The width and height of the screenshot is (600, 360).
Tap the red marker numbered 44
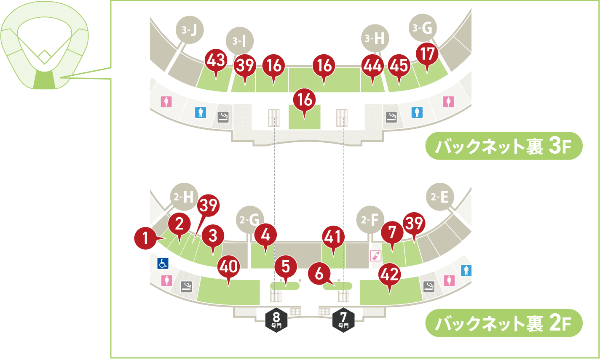coord(372,65)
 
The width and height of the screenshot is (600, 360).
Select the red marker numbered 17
coord(427,55)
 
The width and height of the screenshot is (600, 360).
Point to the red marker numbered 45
coord(399,65)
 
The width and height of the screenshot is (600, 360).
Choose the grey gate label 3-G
coord(423,28)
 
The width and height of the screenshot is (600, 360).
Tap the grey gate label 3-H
coord(375,39)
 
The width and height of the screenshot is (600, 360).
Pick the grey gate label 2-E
coord(440,197)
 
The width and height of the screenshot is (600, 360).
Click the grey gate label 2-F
coord(370,219)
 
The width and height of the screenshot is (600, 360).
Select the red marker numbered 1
coord(146,238)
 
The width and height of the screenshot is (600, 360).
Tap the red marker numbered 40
coord(228,267)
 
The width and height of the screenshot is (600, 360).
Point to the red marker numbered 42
coord(389,275)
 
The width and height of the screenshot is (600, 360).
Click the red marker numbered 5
coord(286,267)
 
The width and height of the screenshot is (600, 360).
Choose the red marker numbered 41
coord(333,237)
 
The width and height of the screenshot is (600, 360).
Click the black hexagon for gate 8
coord(276,320)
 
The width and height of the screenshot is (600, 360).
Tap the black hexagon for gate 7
coord(343,320)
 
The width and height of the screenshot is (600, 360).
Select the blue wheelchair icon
coord(163,264)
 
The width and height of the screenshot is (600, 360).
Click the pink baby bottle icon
coord(375,256)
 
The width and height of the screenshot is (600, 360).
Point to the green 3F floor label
coord(504,147)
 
